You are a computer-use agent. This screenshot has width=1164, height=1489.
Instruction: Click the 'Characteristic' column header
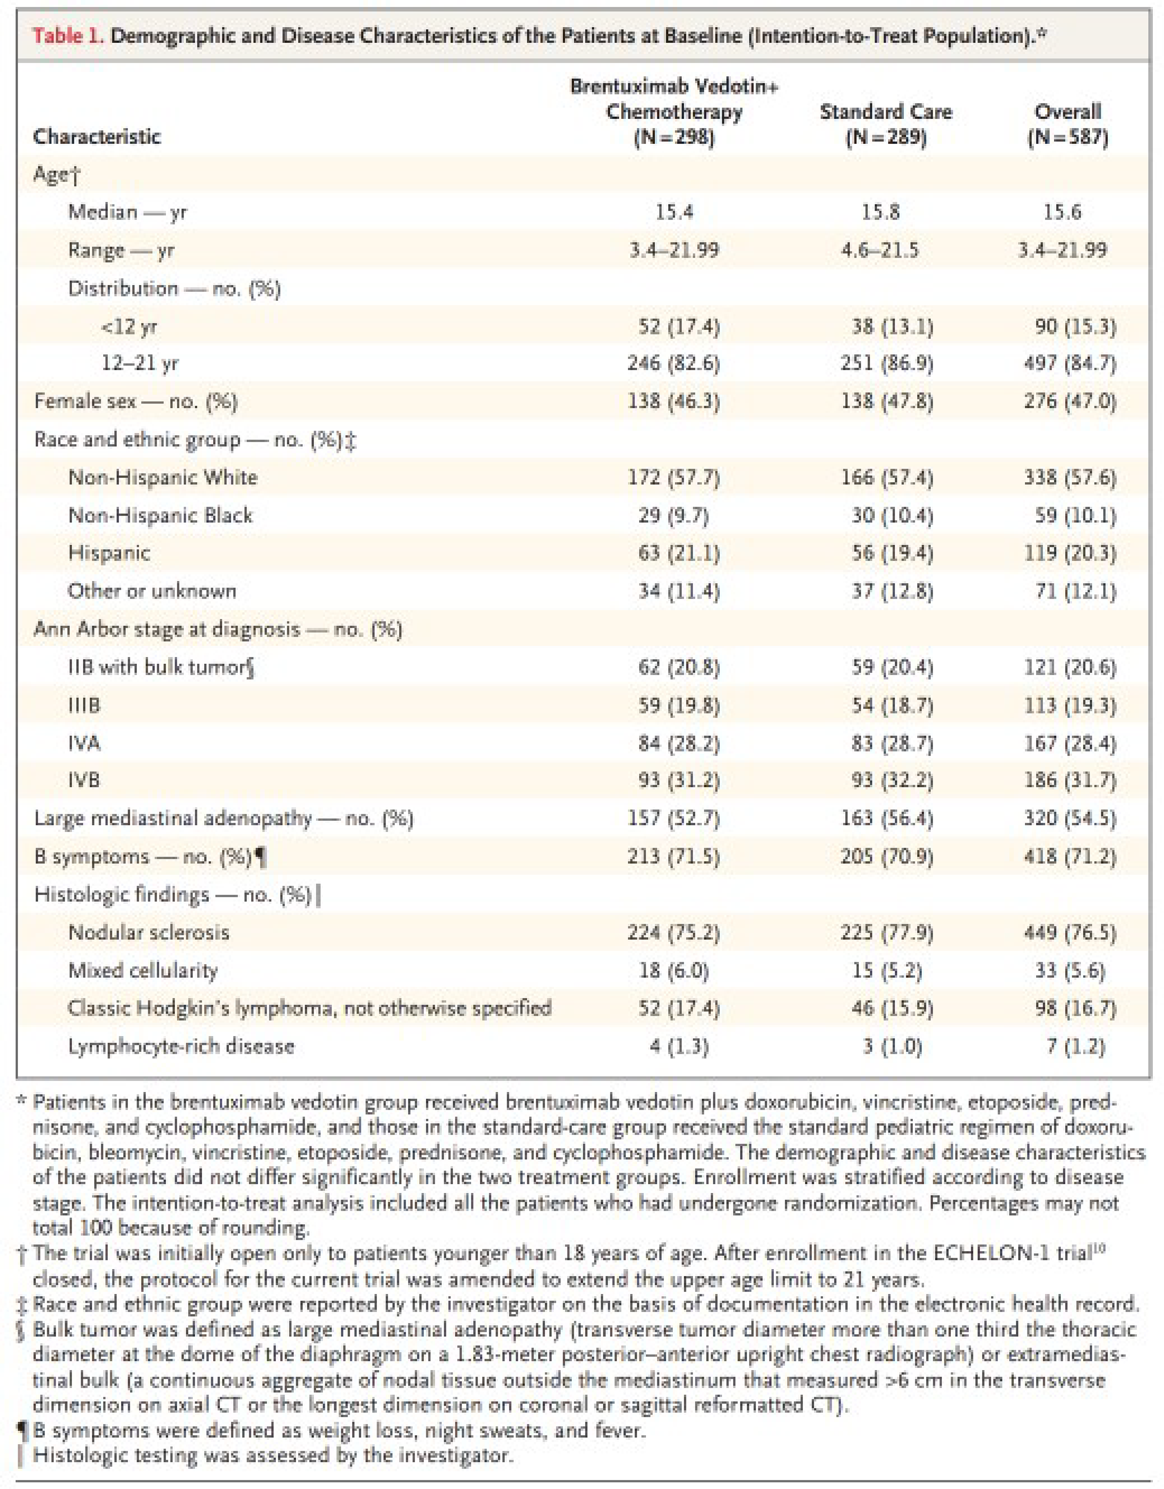tap(97, 137)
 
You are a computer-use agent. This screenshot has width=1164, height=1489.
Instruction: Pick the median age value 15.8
tap(880, 212)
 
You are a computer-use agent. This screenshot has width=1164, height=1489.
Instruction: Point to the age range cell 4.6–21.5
tap(880, 250)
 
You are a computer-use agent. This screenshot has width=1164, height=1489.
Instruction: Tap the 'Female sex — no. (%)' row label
tap(136, 402)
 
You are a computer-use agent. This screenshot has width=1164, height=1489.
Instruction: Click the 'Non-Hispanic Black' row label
tap(160, 516)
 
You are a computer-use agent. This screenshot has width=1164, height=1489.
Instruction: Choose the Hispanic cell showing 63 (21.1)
tap(673, 553)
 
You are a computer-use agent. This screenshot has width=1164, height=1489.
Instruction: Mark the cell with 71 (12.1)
tap(1075, 591)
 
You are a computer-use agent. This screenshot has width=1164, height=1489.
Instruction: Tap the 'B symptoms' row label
tap(92, 856)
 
